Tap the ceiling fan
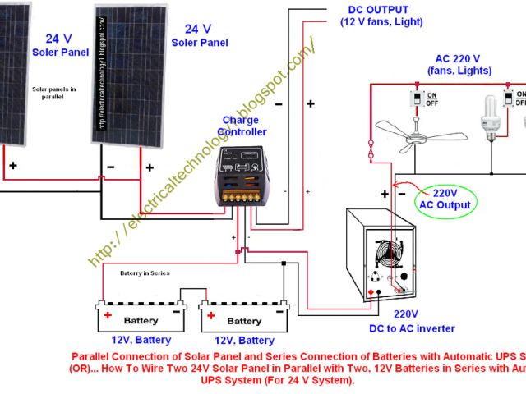coord(410,132)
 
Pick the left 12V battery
coord(141,319)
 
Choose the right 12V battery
coord(244,319)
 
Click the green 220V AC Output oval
coord(445,199)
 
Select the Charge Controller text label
coord(244,126)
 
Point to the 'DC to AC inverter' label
coord(412,328)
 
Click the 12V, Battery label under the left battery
coord(141,340)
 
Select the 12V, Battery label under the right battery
coord(244,340)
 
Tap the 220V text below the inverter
coord(405,314)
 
